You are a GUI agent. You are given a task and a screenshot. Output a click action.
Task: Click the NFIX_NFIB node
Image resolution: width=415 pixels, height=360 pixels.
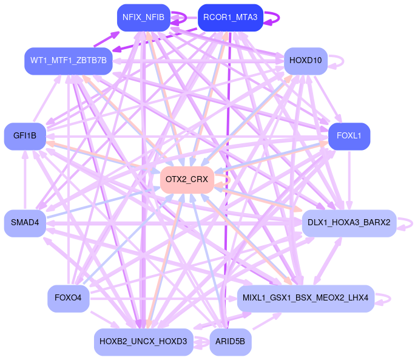click(143, 18)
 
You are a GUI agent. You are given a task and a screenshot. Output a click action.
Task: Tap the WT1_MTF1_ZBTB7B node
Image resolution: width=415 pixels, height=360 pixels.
click(69, 61)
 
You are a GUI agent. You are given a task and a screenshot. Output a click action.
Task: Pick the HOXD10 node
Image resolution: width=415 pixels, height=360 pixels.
click(306, 61)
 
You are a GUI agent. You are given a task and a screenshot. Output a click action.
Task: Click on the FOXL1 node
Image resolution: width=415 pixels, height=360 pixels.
click(349, 136)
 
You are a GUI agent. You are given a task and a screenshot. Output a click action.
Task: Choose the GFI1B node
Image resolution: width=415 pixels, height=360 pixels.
click(24, 136)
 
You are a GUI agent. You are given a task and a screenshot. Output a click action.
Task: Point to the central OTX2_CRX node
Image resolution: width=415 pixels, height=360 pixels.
click(187, 180)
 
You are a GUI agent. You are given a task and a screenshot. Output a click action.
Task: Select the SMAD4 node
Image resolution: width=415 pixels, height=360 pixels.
click(24, 223)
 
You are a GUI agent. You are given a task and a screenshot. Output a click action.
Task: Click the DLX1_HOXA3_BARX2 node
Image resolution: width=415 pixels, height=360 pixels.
click(349, 223)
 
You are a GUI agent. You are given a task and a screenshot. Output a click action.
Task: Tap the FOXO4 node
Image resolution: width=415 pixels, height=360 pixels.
click(69, 298)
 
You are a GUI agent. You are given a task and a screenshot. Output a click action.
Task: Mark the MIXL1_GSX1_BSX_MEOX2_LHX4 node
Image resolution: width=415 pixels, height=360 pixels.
click(305, 298)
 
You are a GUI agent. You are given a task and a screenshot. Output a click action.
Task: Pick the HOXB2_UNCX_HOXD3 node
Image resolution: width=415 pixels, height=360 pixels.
click(144, 342)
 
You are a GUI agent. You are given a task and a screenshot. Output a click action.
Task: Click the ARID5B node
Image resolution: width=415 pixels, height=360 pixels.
click(231, 342)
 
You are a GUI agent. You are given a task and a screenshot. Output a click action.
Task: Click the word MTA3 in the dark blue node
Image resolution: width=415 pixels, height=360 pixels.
click(243, 18)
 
